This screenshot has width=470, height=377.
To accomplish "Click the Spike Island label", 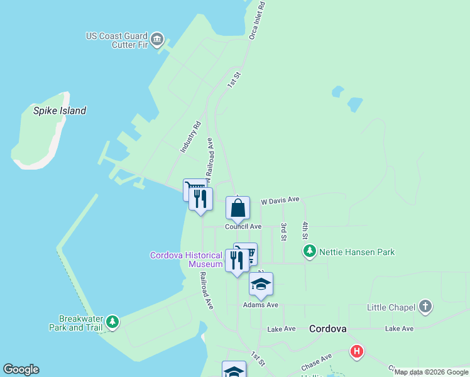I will point(60,111).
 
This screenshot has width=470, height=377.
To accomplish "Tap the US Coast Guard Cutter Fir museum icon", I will point(157,40).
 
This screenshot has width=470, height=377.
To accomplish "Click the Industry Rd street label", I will point(190,137).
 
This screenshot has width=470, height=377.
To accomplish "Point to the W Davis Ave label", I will point(280,200).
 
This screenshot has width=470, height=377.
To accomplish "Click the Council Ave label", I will point(243,226).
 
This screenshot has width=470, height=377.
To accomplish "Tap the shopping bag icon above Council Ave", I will point(238,208).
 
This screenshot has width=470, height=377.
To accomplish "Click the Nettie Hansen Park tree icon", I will point(309,252).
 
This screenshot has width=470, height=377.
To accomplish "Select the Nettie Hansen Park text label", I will point(357,252).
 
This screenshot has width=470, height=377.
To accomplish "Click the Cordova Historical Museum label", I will point(187,260).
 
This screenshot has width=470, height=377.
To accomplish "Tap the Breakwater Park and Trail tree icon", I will point(112,322).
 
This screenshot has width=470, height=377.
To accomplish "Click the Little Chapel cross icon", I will point(425,307).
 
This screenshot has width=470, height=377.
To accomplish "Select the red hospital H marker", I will point(357,351).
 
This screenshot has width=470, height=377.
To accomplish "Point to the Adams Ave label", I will point(261,305).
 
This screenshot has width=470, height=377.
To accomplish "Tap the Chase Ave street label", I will point(316,362).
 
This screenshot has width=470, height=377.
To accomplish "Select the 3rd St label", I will point(284,232).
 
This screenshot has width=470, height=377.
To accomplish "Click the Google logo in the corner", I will point(21,369).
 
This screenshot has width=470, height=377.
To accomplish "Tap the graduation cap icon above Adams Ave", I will point(261,284).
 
